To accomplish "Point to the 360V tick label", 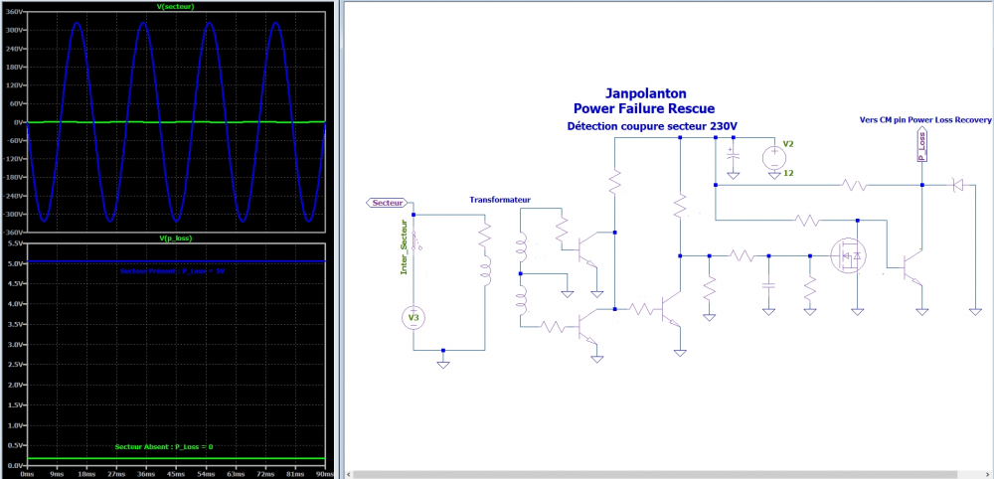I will [x=12, y=12].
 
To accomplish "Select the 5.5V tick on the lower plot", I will [x=14, y=243].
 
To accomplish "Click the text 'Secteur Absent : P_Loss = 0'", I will [x=164, y=446].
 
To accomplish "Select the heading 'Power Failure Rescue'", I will [x=643, y=107].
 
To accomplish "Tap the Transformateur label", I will [x=500, y=200].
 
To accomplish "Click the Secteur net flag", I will [x=387, y=202].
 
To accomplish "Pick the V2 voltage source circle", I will [x=772, y=157].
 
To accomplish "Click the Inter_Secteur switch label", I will [x=405, y=251].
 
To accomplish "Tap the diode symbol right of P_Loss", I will [x=959, y=184].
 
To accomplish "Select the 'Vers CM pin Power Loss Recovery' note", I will [x=924, y=118].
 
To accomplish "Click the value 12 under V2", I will [x=787, y=174].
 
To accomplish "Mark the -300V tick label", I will [x=12, y=213].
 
